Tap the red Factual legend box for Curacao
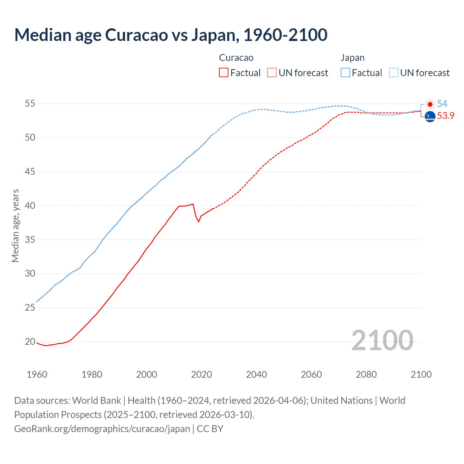(224, 72)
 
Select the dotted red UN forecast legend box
(272, 72)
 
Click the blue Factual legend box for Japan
(345, 72)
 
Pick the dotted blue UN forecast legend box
(394, 72)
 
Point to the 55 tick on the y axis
(30, 104)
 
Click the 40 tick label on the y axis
(30, 206)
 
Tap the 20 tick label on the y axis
(30, 341)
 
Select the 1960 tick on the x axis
(37, 374)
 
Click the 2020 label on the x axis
(202, 374)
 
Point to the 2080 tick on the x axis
(366, 374)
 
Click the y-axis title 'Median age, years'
(15, 225)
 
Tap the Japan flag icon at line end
(430, 104)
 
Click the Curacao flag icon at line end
(430, 116)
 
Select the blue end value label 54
(442, 104)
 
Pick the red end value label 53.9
(446, 116)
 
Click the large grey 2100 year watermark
(382, 340)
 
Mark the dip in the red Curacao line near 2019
(198, 221)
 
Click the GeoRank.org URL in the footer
(102, 428)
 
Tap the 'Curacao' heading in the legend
(236, 58)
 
